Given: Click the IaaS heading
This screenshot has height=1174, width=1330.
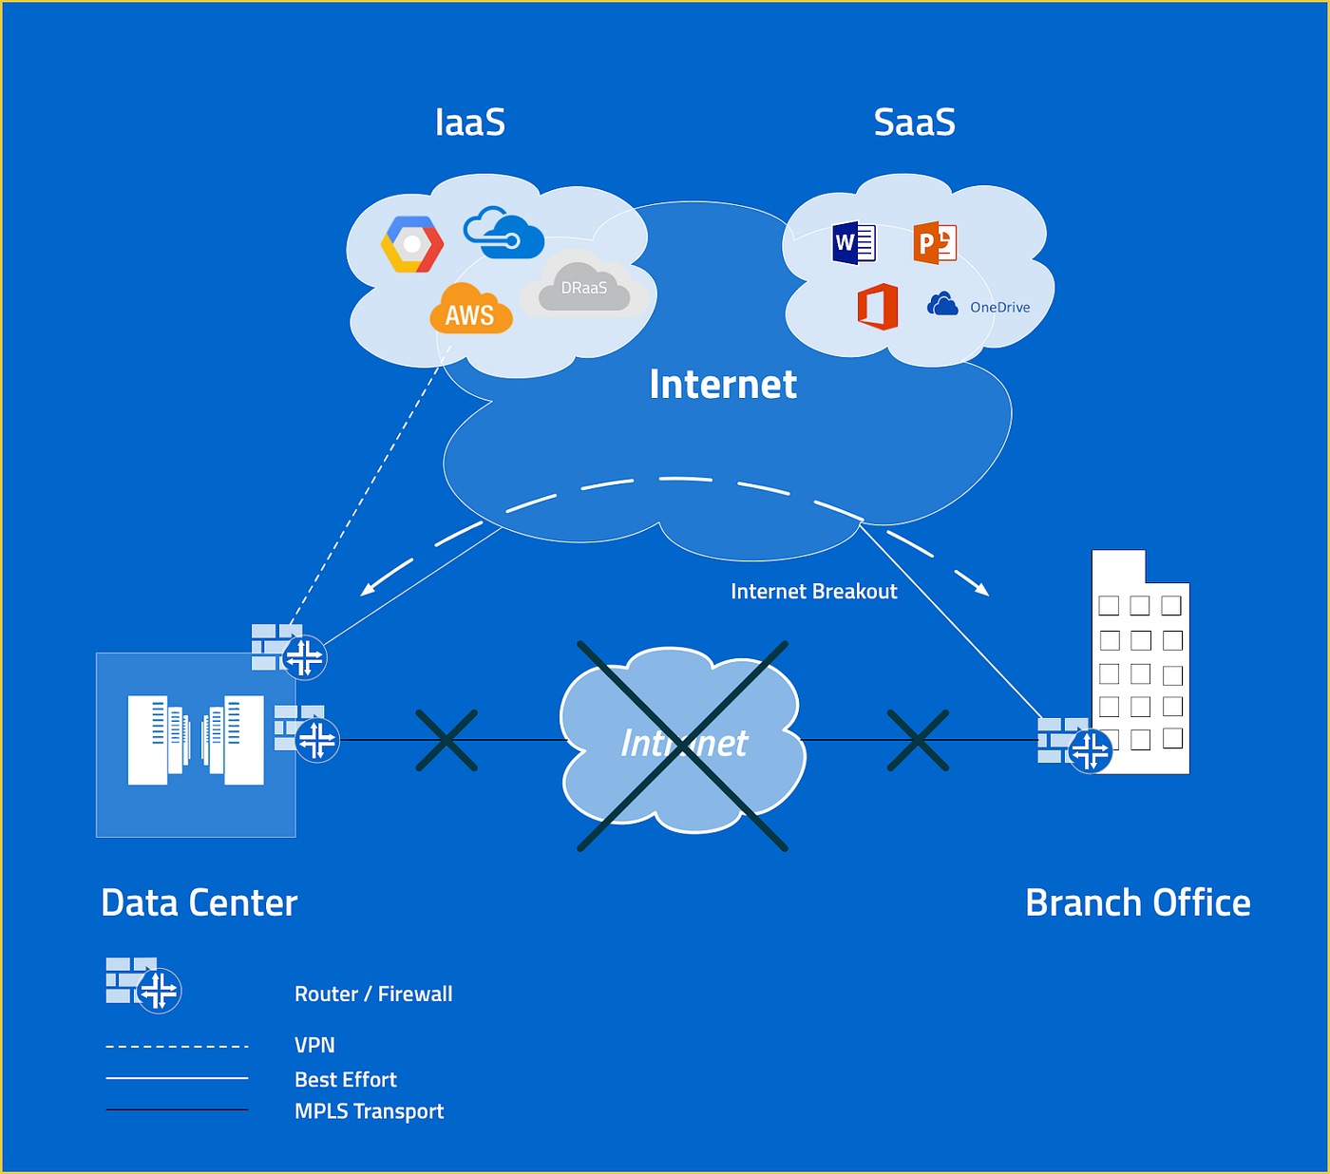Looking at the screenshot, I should (x=469, y=123).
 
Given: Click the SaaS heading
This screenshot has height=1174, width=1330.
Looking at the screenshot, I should (x=914, y=123).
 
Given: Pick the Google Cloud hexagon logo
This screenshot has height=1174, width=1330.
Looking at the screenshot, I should (x=411, y=244).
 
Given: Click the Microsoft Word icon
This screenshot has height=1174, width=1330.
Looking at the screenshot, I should (x=853, y=243).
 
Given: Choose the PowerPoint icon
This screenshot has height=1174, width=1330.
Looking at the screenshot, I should (x=934, y=243).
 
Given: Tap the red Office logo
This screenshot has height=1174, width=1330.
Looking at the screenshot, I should (x=878, y=306).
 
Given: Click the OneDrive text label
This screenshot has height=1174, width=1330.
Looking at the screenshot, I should (x=999, y=308).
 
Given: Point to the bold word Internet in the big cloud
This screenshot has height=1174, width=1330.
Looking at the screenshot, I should (x=723, y=385).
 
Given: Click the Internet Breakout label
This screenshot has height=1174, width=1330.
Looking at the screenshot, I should (x=813, y=592).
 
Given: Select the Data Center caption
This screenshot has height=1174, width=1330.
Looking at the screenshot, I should (x=199, y=903).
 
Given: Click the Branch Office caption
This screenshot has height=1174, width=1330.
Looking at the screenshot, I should (x=1138, y=903).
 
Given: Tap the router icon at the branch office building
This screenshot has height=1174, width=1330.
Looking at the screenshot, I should (x=1089, y=749).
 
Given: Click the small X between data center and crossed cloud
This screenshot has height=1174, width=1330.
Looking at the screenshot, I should (x=446, y=740).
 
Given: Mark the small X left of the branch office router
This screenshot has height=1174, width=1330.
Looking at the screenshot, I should (x=918, y=740).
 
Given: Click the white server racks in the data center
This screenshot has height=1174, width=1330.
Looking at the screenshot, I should (x=196, y=741).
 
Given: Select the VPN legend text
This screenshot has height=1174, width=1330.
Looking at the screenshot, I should (x=314, y=1045).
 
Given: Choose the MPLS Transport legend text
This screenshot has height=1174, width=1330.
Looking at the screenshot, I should (x=369, y=1111).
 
